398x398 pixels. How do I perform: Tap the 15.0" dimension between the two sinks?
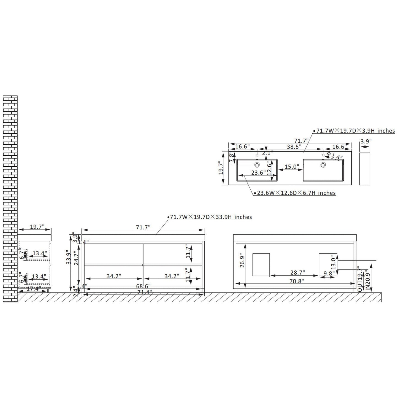click(x=292, y=167)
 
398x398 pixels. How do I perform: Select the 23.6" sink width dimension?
click(x=258, y=173)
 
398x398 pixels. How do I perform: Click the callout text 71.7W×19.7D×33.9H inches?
click(x=211, y=217)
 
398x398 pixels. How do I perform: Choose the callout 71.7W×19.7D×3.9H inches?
click(x=356, y=131)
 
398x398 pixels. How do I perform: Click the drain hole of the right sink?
click(x=323, y=165)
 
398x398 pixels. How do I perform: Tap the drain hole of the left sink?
click(x=257, y=165)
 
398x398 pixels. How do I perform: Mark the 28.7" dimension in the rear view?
click(x=297, y=273)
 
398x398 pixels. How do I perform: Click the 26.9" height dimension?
click(x=242, y=260)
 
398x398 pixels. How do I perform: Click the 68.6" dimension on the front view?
click(x=144, y=286)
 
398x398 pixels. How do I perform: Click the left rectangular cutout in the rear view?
click(x=261, y=264)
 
